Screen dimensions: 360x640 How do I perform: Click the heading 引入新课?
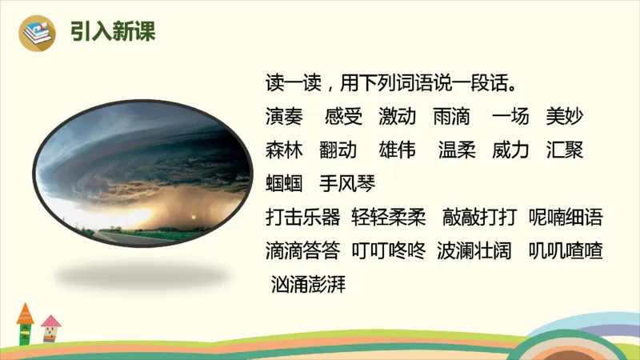(x=112, y=32)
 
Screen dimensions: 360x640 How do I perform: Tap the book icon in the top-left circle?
(x=36, y=33)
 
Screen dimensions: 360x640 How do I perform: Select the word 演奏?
(x=284, y=116)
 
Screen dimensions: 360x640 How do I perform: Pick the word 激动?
(x=398, y=116)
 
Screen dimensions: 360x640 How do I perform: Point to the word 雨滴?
(x=451, y=116)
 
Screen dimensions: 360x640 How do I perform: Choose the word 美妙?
(x=565, y=116)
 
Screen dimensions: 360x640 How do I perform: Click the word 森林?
(x=284, y=150)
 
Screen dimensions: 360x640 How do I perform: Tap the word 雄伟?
(x=398, y=150)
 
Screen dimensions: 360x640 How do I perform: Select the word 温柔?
(x=457, y=150)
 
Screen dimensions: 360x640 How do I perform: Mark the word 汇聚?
(x=565, y=150)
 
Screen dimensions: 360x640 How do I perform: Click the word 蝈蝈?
(x=284, y=183)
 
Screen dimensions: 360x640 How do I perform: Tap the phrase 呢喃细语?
(x=566, y=217)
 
